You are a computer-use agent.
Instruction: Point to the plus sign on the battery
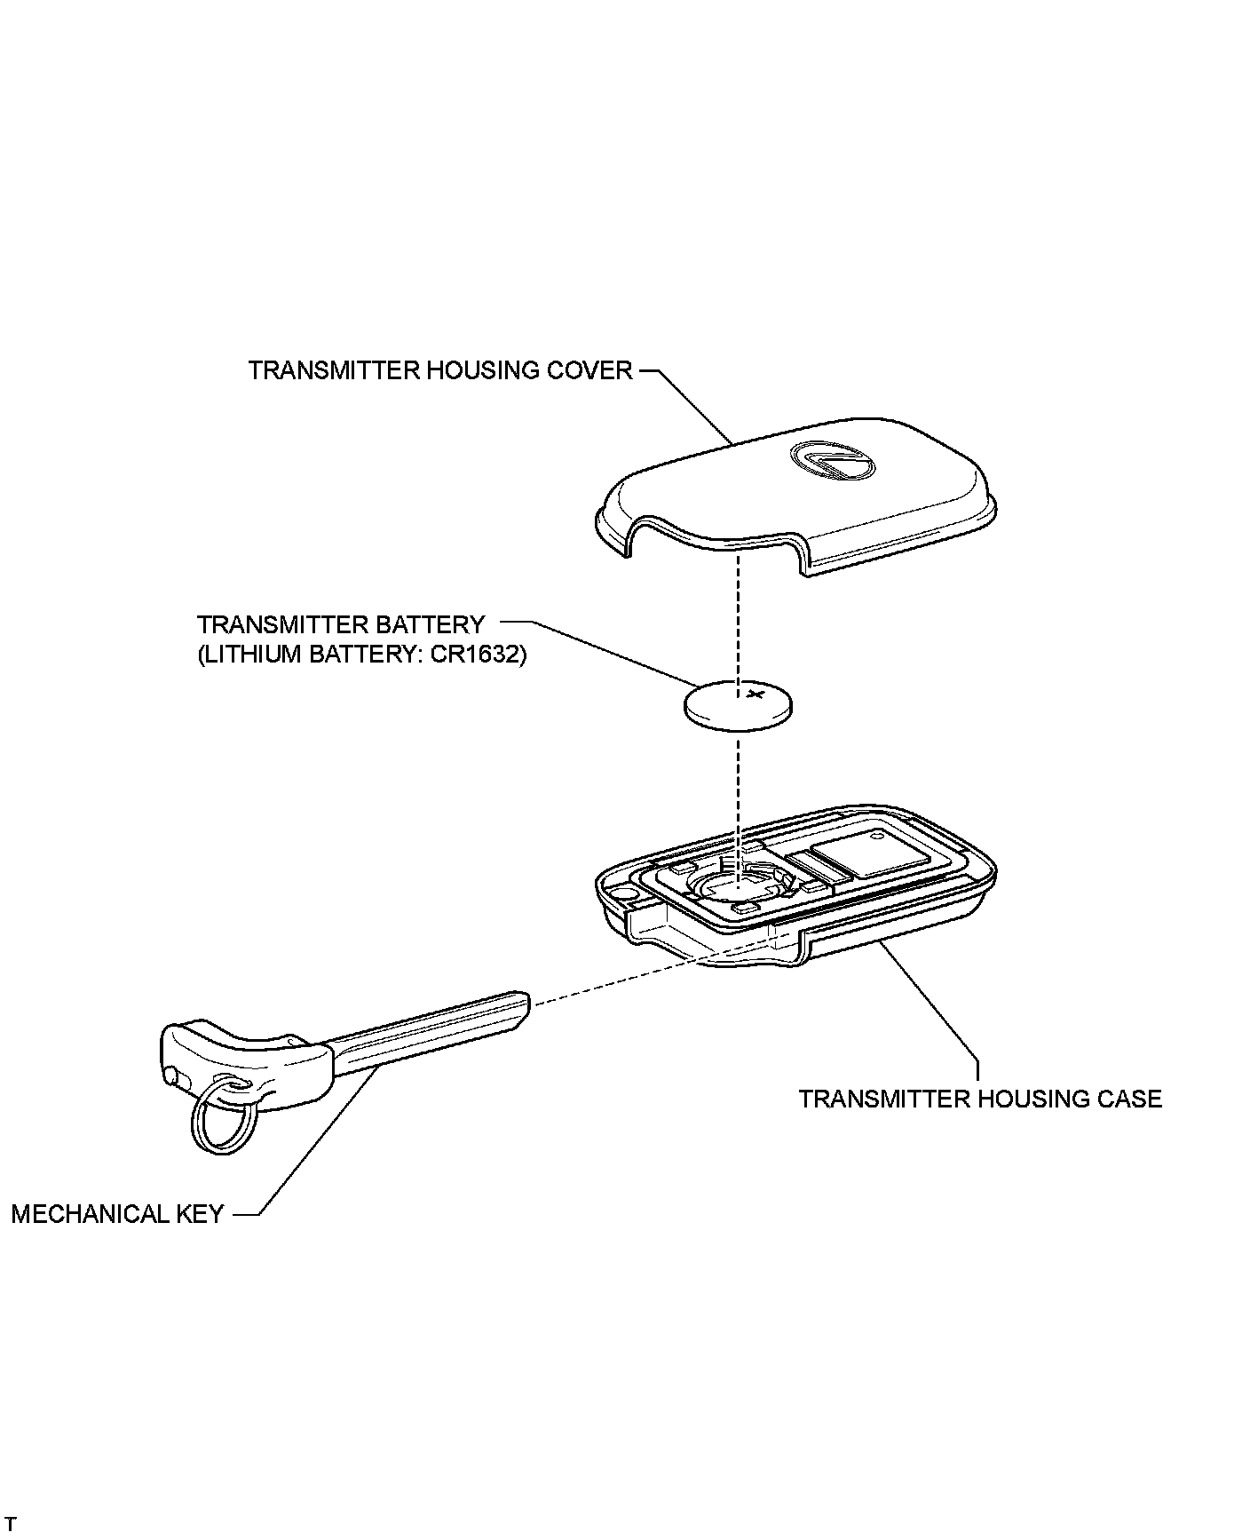point(756,693)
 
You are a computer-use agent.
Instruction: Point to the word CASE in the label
point(1128,1099)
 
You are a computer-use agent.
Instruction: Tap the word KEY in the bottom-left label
point(200,1214)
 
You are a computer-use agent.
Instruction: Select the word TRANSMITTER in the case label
point(884,1099)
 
